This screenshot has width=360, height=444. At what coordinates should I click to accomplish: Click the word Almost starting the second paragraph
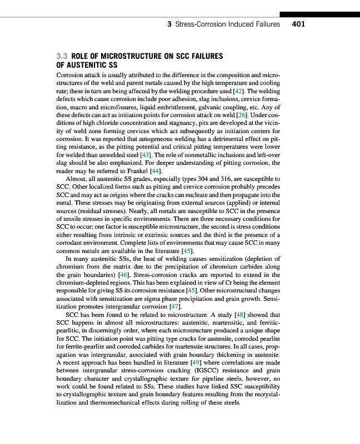[77, 179]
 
